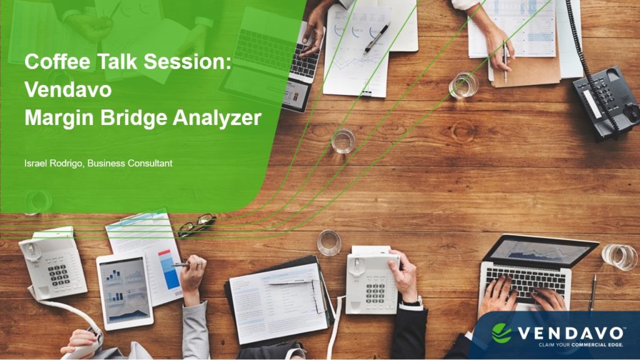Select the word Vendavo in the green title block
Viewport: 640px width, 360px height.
67,89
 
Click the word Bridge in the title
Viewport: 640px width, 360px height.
134,118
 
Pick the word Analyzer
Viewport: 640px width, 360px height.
217,118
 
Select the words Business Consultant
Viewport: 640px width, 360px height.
130,163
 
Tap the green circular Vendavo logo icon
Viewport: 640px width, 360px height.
502,333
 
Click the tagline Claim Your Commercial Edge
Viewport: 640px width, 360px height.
581,345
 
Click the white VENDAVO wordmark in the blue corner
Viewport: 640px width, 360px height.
571,333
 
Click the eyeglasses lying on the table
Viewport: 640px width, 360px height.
197,224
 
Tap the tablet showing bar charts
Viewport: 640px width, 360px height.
125,291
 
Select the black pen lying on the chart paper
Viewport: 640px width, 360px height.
376,38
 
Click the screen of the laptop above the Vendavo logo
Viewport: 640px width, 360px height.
539,251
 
